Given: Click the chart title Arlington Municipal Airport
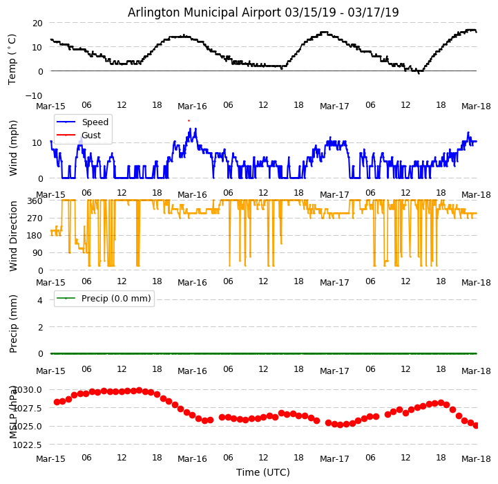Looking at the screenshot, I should [x=263, y=12].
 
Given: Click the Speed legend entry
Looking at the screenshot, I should [x=95, y=122].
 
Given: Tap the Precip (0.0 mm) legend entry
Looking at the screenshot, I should [x=111, y=299].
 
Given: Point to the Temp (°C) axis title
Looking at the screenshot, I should [x=12, y=59].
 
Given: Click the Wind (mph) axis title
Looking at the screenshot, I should [x=13, y=147].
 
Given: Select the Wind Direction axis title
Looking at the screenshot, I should [x=13, y=235].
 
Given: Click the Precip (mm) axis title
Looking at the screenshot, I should [x=13, y=324].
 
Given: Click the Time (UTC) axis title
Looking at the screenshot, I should [x=263, y=472].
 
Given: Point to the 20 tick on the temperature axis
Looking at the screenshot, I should [x=37, y=23].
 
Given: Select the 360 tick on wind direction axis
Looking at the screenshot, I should [x=35, y=201].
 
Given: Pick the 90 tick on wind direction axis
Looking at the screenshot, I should [x=37, y=253].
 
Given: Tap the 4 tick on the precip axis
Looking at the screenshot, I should [x=40, y=300].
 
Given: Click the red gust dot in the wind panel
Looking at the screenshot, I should [x=188, y=120].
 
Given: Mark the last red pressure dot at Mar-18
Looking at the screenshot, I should [x=476, y=425].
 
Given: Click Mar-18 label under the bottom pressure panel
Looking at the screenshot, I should [x=476, y=459].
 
